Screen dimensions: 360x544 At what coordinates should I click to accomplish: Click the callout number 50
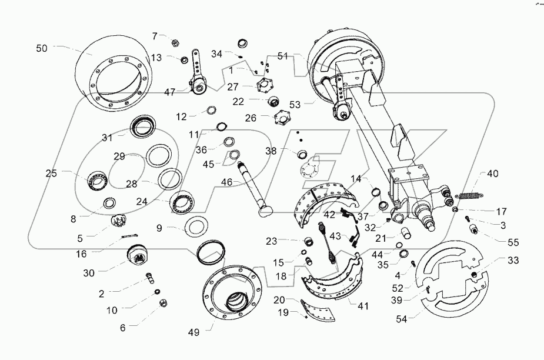[x=42, y=49]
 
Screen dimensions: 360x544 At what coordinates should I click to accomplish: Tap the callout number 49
[x=194, y=332]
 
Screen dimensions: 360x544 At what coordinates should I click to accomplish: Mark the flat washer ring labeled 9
[x=196, y=226]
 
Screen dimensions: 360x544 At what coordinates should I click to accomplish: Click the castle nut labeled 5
[x=120, y=223]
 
